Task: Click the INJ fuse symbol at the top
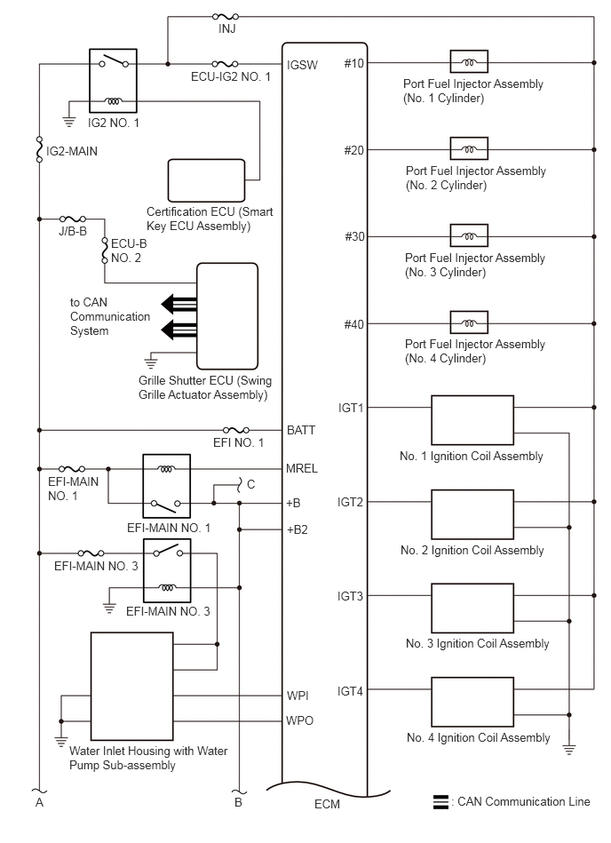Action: click(226, 17)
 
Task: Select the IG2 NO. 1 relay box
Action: click(113, 81)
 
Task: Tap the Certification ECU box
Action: click(206, 180)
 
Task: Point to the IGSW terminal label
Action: click(302, 65)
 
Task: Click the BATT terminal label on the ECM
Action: click(301, 430)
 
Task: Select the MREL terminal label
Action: click(302, 468)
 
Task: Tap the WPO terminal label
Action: click(299, 720)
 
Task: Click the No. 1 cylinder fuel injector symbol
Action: click(469, 62)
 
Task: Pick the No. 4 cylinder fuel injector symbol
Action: click(469, 322)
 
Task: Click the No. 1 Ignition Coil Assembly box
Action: click(472, 420)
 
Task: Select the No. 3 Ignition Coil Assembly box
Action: click(472, 608)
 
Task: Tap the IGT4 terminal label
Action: click(351, 691)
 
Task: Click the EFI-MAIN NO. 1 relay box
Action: click(167, 486)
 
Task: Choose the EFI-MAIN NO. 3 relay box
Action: click(167, 570)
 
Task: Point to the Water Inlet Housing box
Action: click(131, 686)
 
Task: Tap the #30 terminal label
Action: click(354, 236)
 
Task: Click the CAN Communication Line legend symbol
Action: click(440, 801)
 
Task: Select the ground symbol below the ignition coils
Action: click(569, 749)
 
